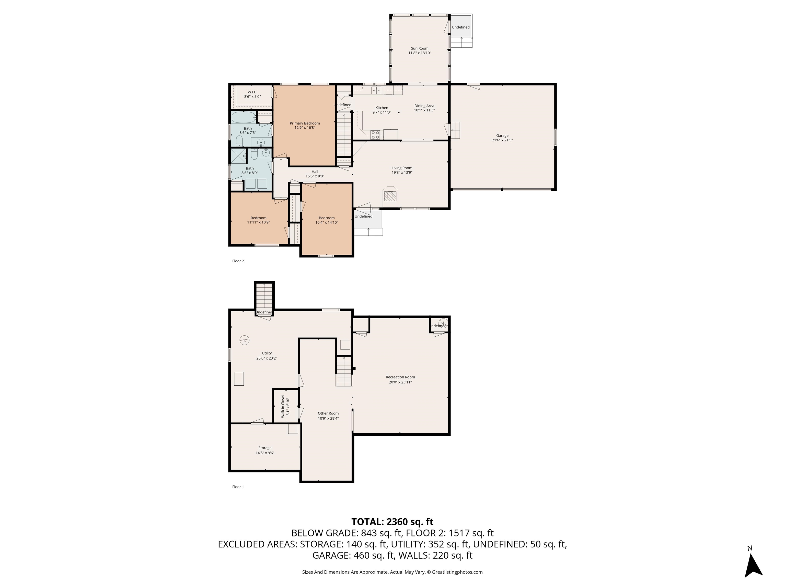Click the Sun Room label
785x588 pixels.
(420, 48)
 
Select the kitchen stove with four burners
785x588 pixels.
(375, 134)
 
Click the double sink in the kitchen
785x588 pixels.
(376, 90)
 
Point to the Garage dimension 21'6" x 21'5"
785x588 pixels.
(502, 140)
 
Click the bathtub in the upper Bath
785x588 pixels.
(244, 116)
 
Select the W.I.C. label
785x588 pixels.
(252, 92)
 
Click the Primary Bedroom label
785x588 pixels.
(305, 123)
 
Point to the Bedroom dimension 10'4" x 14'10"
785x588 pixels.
(327, 223)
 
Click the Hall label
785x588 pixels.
(315, 171)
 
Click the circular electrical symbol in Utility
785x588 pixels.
(244, 340)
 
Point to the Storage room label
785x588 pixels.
(265, 448)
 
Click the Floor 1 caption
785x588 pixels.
(238, 487)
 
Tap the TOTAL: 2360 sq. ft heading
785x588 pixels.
(392, 522)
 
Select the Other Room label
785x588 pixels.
(328, 413)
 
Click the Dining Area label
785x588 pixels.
(424, 106)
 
